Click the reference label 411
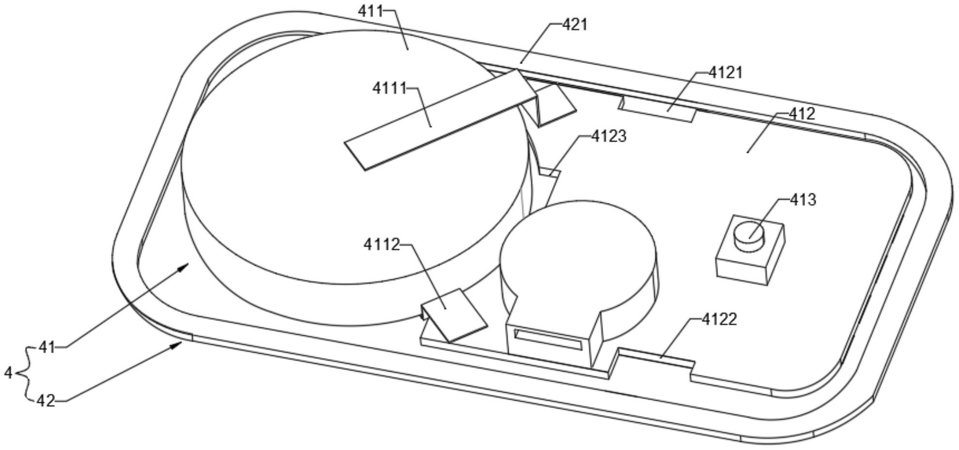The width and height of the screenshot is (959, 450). (x=371, y=11)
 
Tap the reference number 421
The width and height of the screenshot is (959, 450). (x=574, y=24)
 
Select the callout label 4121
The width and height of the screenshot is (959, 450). (x=726, y=73)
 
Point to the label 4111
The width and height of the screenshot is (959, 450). (x=389, y=88)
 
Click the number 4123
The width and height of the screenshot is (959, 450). (x=609, y=137)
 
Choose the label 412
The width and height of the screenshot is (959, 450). (x=802, y=114)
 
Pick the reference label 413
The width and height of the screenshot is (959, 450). (x=803, y=200)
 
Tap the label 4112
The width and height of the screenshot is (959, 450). (x=382, y=245)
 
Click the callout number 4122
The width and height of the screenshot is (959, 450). (x=719, y=319)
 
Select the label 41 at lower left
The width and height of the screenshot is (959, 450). (x=47, y=347)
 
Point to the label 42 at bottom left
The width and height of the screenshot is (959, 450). (x=46, y=401)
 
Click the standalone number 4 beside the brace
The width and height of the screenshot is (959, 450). (x=8, y=373)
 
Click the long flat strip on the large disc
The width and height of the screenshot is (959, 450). (x=442, y=120)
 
